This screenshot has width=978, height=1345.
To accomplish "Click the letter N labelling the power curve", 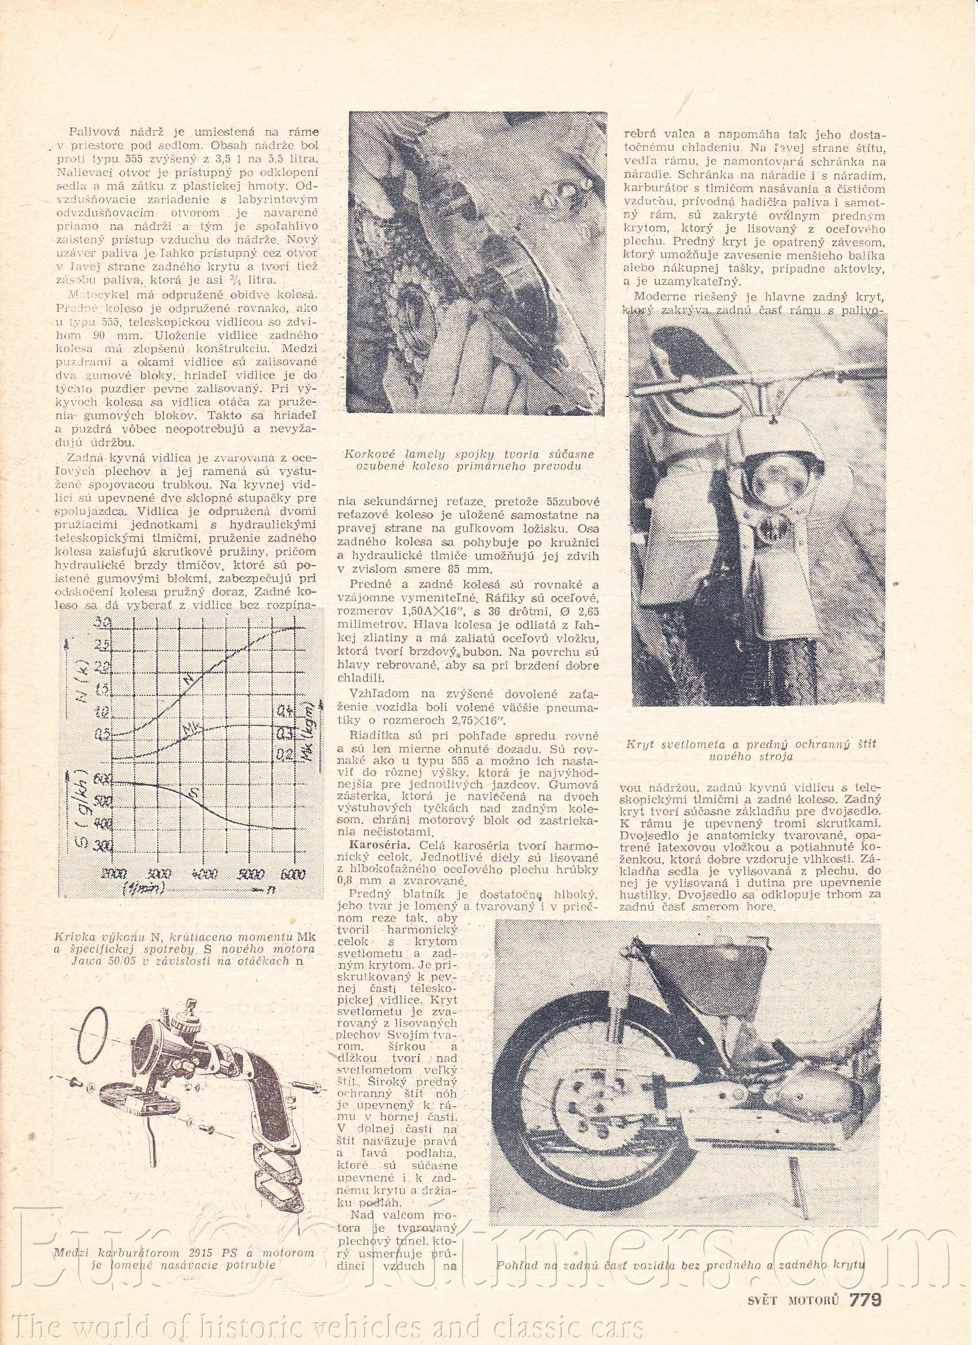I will [189, 683].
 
